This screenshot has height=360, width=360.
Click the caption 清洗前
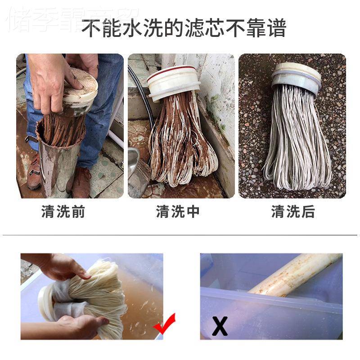pyautogui.click(x=63, y=212)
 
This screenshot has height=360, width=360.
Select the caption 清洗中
pyautogui.click(x=178, y=212)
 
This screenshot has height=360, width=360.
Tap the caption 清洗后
pyautogui.click(x=293, y=212)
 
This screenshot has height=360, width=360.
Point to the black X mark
pyautogui.click(x=220, y=326)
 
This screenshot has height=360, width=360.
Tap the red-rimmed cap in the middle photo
pyautogui.click(x=172, y=81)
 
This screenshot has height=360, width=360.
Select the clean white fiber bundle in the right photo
pyautogui.click(x=297, y=144)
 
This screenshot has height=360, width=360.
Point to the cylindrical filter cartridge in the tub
pyautogui.click(x=292, y=274)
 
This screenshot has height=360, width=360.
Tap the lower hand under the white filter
pyautogui.click(x=81, y=324)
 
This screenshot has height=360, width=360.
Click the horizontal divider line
pyautogui.click(x=180, y=235)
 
